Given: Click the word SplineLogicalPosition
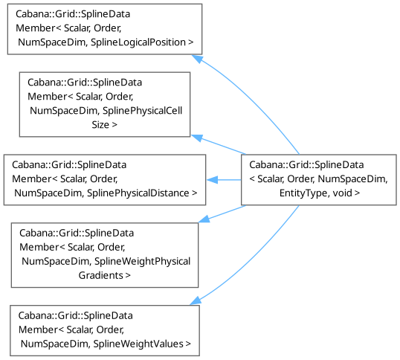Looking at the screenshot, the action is click(138, 42).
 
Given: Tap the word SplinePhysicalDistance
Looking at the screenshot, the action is click(138, 193).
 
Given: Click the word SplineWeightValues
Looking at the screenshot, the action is click(138, 344).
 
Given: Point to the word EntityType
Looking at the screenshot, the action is click(303, 193).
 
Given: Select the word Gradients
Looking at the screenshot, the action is click(101, 275).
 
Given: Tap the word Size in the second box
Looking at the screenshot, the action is click(100, 125).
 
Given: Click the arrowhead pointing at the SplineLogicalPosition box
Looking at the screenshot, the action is click(198, 59).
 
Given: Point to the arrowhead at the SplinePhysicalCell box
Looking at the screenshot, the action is click(197, 138).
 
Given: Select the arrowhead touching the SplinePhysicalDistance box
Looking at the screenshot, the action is click(212, 180).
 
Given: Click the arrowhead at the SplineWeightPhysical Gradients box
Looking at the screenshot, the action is click(204, 219).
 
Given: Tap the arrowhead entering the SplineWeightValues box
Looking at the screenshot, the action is click(196, 300).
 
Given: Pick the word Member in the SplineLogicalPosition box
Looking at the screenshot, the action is click(36, 28).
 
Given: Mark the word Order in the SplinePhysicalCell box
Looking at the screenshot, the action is click(120, 97).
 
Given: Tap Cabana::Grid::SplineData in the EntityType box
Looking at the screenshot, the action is click(306, 165).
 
